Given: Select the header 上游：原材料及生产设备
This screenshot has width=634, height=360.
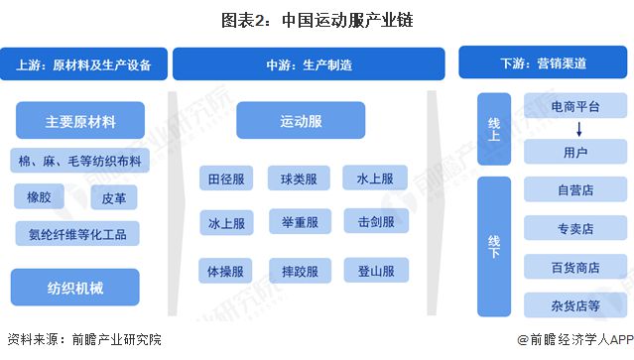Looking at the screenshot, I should (x=84, y=65).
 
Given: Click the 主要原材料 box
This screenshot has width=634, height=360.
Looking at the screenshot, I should (x=79, y=122).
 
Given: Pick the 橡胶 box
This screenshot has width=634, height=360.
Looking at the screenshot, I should (x=39, y=197).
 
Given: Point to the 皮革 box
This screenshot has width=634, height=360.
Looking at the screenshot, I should (x=112, y=197).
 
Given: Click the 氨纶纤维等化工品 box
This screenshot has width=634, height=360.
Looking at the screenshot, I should (x=77, y=234).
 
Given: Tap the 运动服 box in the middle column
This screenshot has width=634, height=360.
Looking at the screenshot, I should (x=301, y=122).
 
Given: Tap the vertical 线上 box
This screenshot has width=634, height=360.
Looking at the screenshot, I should (x=493, y=132).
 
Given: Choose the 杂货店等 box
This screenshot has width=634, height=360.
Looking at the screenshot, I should (x=574, y=303).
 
